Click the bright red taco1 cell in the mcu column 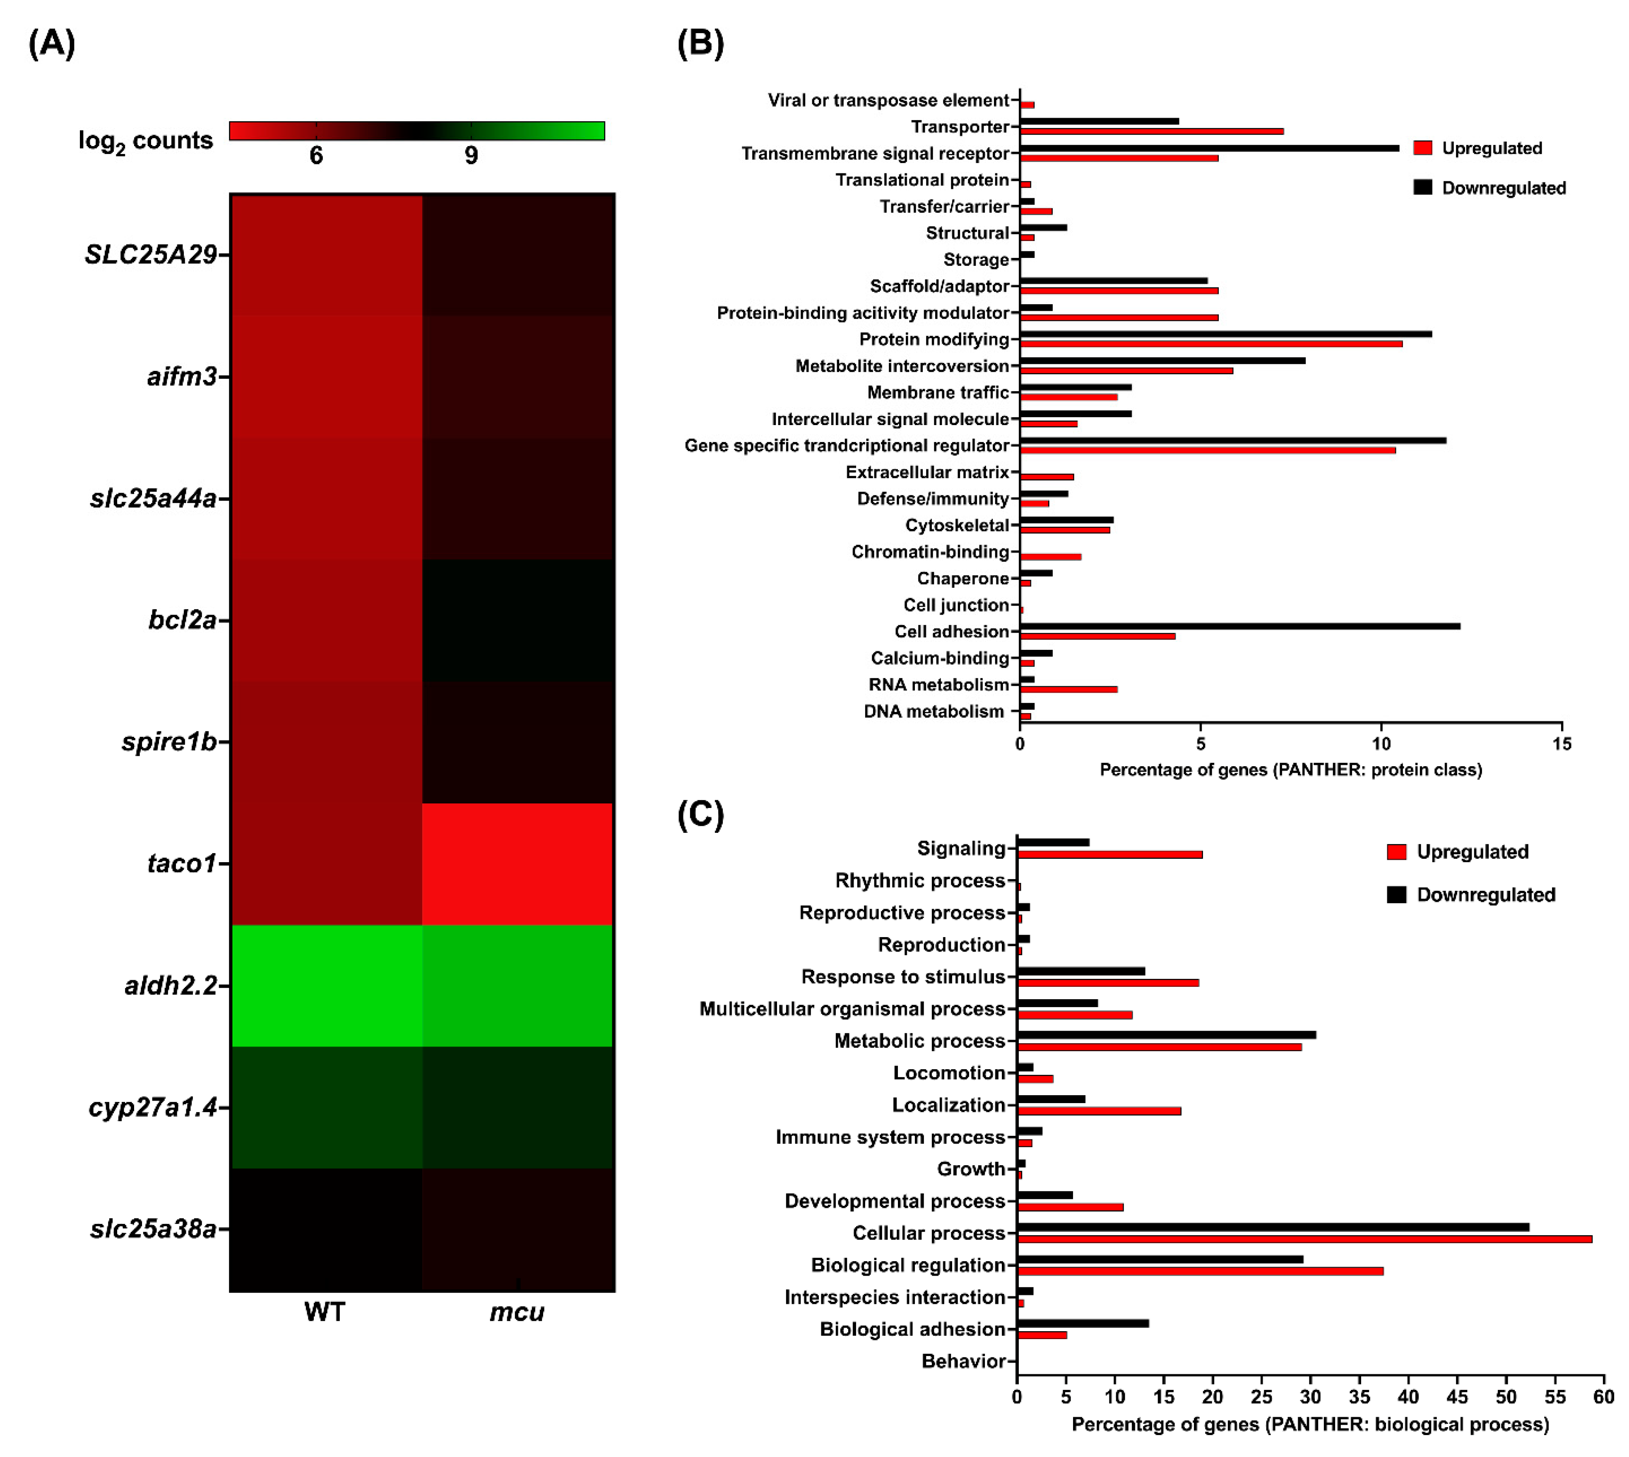[x=517, y=864]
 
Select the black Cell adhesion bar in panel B [x=1239, y=626]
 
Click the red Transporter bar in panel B [x=1151, y=131]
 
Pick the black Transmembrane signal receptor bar [x=1209, y=148]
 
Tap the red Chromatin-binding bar [x=1050, y=556]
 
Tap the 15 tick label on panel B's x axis [x=1561, y=744]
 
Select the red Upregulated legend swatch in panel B [x=1422, y=148]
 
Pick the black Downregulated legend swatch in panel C [x=1396, y=894]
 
